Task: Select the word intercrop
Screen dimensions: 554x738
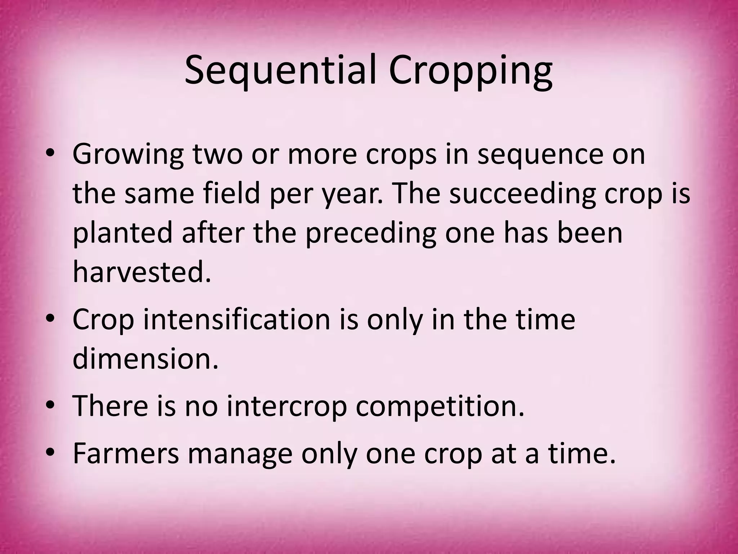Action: (286, 406)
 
